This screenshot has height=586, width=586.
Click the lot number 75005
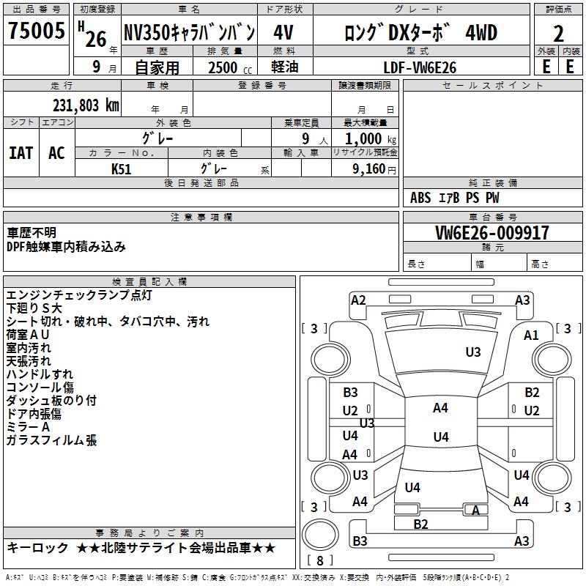tap(37, 32)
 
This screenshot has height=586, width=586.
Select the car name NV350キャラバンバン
tap(189, 33)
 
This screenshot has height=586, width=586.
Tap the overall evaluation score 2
tap(558, 33)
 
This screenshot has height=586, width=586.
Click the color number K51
tap(122, 168)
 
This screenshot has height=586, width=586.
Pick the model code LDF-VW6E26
tap(420, 67)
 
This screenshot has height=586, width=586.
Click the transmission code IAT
tap(21, 153)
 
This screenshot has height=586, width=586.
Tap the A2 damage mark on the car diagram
tap(358, 300)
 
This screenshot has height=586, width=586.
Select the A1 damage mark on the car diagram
tap(531, 335)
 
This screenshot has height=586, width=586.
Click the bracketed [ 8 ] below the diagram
tap(319, 560)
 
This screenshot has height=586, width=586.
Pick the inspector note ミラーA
tap(28, 427)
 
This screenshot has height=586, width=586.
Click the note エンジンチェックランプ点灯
tap(79, 295)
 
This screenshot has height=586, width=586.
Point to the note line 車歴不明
tap(31, 232)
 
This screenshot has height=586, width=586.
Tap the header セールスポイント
tap(483, 86)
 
